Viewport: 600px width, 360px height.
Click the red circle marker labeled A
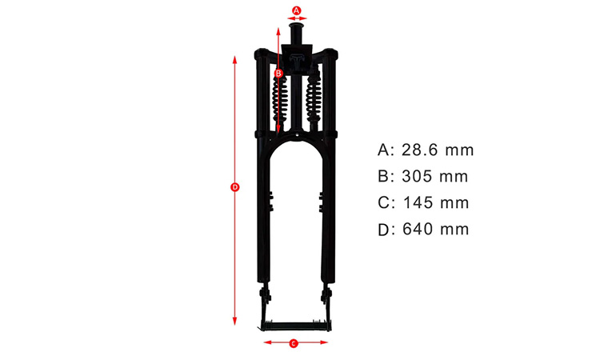pyautogui.click(x=297, y=10)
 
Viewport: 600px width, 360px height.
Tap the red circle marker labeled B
pyautogui.click(x=278, y=73)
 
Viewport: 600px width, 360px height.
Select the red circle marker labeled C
pyautogui.click(x=293, y=343)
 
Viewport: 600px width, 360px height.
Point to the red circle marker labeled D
pyautogui.click(x=235, y=187)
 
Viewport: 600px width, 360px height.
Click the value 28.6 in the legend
pyautogui.click(x=419, y=150)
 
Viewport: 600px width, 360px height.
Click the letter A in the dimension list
pyautogui.click(x=383, y=150)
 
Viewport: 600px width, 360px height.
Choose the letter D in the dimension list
pyautogui.click(x=383, y=230)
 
